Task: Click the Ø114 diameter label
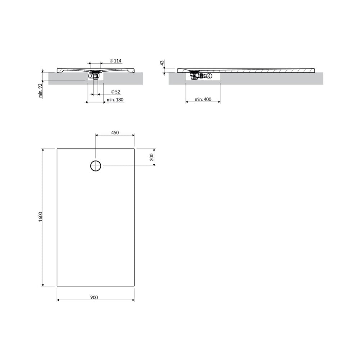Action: (x=116, y=61)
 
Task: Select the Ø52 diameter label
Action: (x=116, y=92)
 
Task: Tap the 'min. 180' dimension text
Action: (x=115, y=100)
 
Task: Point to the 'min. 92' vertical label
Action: (x=41, y=91)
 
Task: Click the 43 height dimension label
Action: (x=162, y=63)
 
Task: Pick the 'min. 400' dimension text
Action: (x=203, y=99)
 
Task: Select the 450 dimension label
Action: (x=115, y=133)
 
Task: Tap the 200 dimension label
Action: (x=152, y=157)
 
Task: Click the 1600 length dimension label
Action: (x=41, y=217)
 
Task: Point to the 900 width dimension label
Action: (x=94, y=298)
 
